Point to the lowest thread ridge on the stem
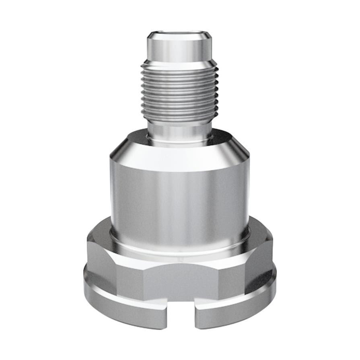click(x=180, y=119)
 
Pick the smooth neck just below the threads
click(x=180, y=131)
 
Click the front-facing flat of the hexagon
click(x=180, y=282)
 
